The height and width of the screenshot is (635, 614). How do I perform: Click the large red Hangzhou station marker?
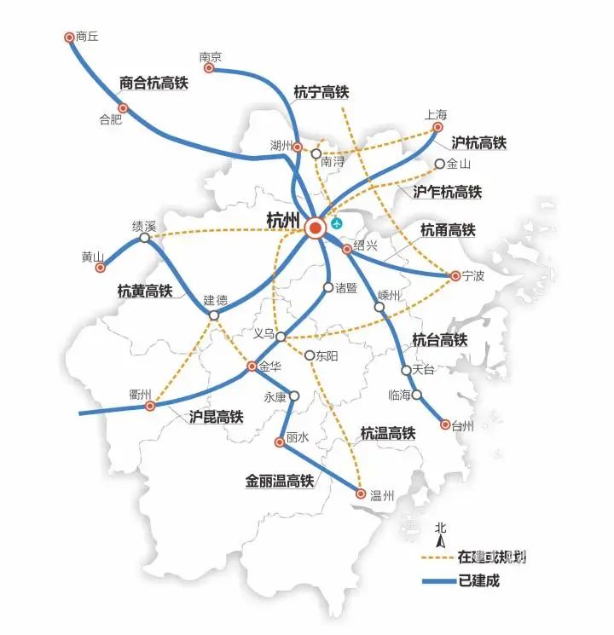coord(316,228)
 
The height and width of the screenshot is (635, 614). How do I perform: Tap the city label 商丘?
coord(87,37)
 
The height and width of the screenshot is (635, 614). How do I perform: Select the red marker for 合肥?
coord(123,108)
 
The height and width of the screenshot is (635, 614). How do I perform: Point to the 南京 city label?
coord(210,57)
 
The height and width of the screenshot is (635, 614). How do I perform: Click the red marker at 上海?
coord(437,127)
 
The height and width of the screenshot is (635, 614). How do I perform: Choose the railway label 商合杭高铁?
coord(153,84)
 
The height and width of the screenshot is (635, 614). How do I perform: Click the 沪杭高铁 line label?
coord(478,141)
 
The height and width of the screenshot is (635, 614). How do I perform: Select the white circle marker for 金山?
coord(440,164)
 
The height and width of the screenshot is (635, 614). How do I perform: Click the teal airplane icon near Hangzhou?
coord(338,223)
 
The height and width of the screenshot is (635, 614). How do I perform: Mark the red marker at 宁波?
coord(455,275)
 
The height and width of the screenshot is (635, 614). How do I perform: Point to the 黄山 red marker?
coord(100,268)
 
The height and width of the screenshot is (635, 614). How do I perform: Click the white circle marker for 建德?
coord(214,315)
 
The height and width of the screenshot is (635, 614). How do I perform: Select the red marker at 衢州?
coord(150,407)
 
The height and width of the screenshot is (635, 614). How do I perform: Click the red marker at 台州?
coord(444,424)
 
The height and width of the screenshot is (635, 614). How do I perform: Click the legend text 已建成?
coord(478,580)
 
